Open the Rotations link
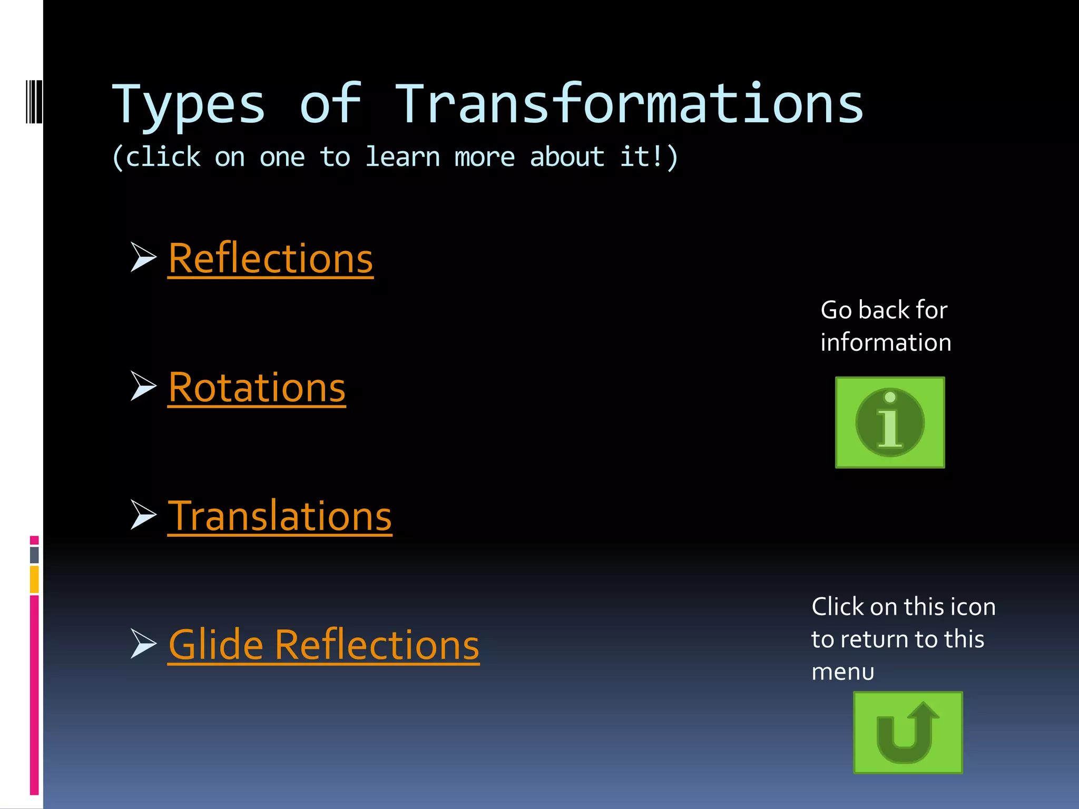(257, 387)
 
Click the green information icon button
(890, 422)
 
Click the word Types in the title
(188, 105)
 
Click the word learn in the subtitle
(403, 157)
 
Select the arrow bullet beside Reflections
(143, 258)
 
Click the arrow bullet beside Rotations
(143, 386)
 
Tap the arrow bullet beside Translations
(143, 515)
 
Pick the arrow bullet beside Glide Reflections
(143, 644)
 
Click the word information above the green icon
(886, 342)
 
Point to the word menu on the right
(842, 672)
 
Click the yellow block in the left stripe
(34, 579)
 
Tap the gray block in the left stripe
(34, 555)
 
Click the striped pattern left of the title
(34, 101)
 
